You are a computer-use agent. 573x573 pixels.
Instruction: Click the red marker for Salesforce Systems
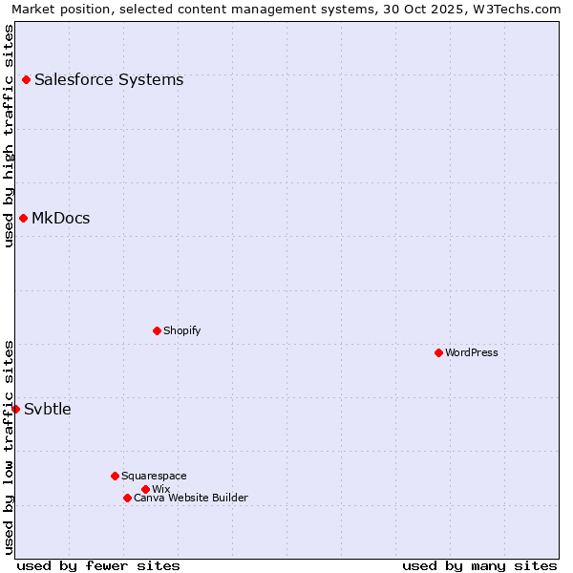[26, 80]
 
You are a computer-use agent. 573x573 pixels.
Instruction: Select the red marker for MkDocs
[23, 219]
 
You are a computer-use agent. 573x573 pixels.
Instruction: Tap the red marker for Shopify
[157, 330]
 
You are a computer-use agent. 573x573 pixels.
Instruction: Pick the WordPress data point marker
[438, 352]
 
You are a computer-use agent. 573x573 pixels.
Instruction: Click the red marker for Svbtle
[15, 409]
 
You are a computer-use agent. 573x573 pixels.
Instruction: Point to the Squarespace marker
[115, 476]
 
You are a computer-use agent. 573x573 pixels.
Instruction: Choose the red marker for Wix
[145, 489]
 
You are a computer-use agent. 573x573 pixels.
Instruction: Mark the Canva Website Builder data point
[127, 498]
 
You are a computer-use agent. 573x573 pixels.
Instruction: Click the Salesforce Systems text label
[109, 80]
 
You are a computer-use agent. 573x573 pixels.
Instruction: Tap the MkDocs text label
[61, 219]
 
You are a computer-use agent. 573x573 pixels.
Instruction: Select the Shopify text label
[182, 330]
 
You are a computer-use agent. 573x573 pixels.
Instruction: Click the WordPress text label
[472, 352]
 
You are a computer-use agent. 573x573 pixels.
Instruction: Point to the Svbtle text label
[48, 410]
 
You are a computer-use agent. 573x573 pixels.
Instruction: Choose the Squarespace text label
[154, 476]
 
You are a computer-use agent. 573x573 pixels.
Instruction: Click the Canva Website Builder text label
[191, 498]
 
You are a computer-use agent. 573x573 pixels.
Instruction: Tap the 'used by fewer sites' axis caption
[98, 565]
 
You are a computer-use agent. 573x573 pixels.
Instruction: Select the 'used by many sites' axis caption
[479, 565]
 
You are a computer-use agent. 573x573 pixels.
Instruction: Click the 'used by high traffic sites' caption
[9, 136]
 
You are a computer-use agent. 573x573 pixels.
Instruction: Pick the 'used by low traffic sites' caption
[9, 447]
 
